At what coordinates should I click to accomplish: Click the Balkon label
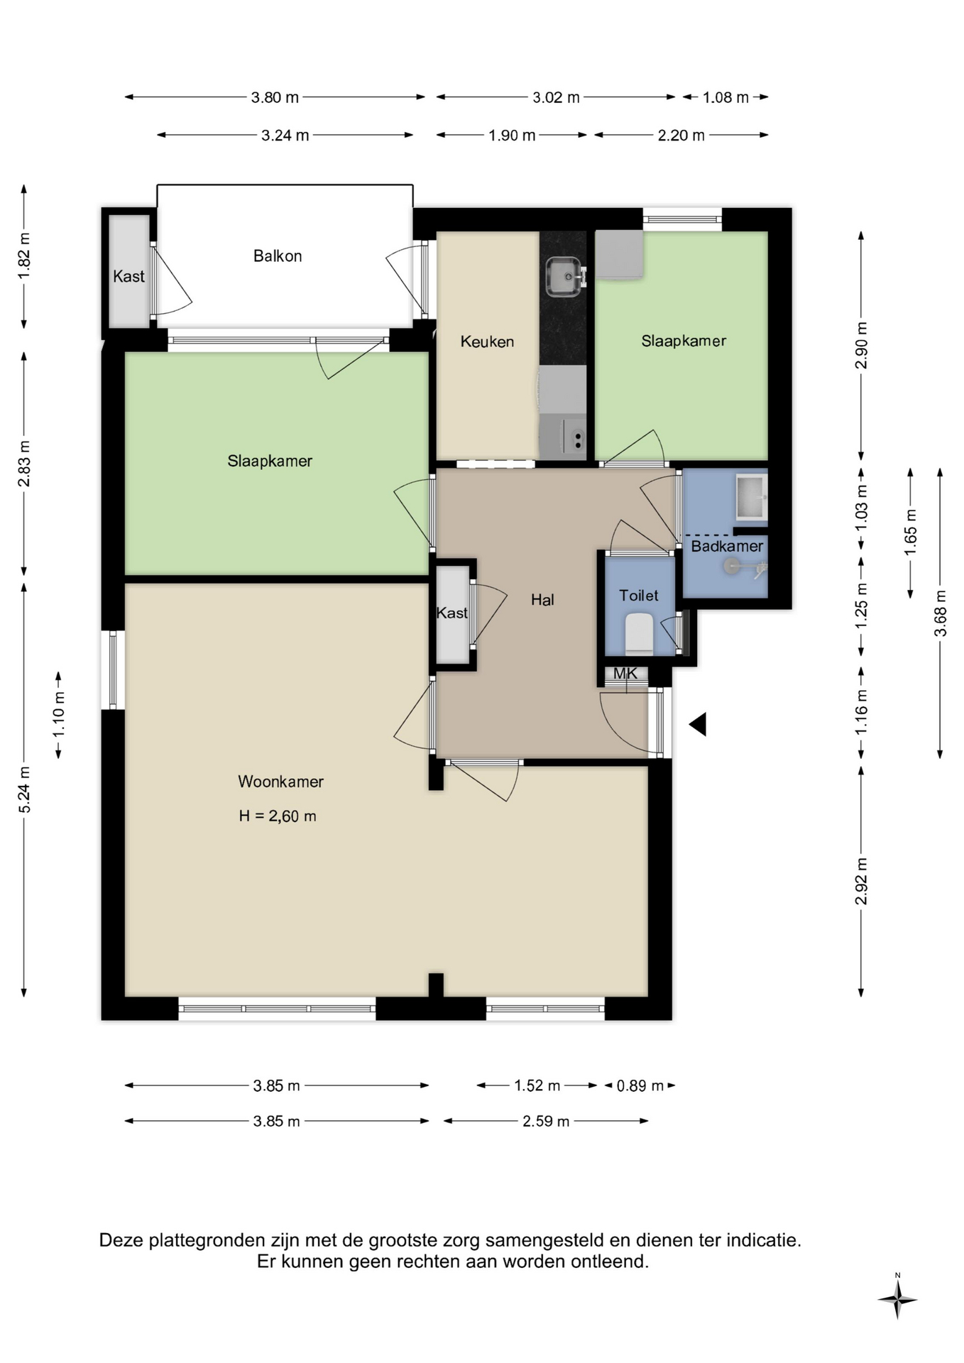278,256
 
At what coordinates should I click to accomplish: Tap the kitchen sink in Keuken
566,277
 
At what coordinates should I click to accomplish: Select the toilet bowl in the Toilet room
639,633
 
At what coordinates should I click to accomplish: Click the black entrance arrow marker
698,724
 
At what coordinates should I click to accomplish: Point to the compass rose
897,1300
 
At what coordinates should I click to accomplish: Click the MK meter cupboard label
625,673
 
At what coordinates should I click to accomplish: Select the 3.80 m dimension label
275,97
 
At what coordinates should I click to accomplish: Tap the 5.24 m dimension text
24,789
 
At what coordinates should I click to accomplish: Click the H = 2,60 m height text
278,816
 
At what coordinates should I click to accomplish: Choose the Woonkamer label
280,782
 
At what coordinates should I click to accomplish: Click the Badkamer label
727,546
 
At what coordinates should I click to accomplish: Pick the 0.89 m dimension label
640,1085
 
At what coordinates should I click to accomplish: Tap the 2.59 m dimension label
546,1121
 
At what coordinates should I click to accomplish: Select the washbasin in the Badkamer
751,497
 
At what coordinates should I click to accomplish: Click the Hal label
542,600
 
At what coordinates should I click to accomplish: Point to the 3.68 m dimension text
941,613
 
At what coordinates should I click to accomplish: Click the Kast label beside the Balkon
128,276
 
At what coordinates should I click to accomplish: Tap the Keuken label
487,341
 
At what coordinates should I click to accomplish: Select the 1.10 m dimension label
59,715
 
